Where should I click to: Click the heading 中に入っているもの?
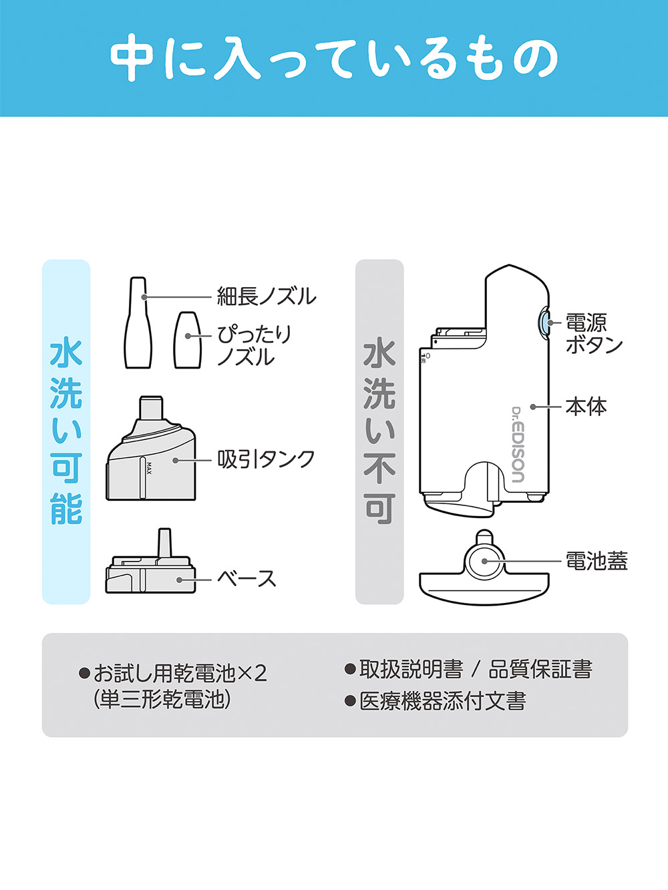333,58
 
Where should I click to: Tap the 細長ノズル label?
266,296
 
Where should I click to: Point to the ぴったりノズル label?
254,345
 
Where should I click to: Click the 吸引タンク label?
266,459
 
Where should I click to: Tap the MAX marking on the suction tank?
149,469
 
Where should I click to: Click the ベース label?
246,578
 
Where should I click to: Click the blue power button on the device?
544,323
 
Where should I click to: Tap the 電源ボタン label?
593,333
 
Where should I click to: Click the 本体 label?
586,407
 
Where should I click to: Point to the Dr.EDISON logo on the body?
518,444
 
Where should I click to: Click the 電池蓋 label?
596,561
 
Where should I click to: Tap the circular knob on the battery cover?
485,561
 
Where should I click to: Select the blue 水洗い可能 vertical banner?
66,431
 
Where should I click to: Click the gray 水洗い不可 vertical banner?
379,431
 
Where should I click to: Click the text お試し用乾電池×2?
180,672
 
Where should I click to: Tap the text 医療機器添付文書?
442,701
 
